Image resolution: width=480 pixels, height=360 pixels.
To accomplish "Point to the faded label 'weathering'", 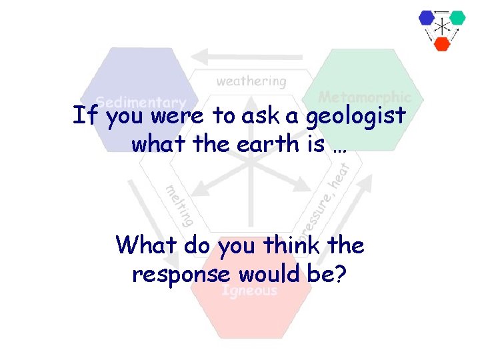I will [x=251, y=81].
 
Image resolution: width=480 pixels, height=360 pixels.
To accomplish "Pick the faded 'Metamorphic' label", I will [x=364, y=97].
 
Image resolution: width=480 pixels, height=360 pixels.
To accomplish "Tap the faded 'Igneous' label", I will [x=249, y=291].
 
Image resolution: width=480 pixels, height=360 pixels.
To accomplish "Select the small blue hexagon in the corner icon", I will [x=427, y=18].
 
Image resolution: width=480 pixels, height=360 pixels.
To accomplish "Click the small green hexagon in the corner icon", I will [x=457, y=18].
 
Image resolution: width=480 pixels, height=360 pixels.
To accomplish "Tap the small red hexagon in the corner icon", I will [x=442, y=43].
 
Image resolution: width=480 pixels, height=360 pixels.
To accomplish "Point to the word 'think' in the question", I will [x=294, y=245].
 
